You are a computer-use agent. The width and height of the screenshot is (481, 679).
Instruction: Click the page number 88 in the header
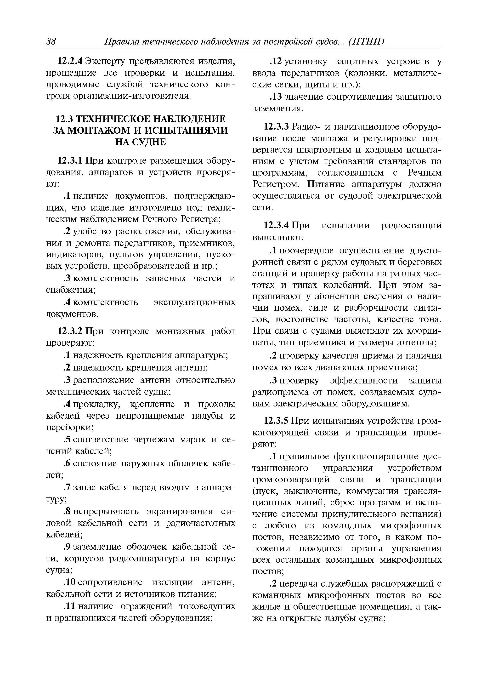(x=51, y=42)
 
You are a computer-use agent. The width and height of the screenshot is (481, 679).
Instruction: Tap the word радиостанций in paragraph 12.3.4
(x=411, y=225)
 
